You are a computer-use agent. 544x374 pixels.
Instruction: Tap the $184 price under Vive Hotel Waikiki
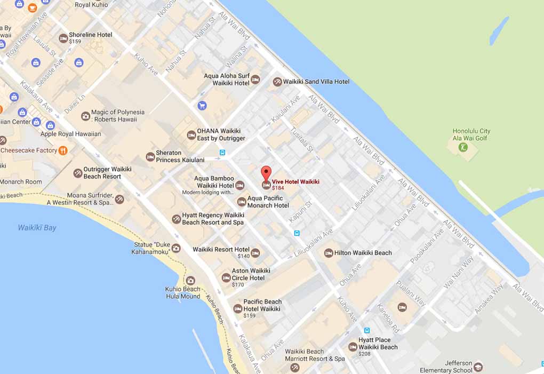point(278,188)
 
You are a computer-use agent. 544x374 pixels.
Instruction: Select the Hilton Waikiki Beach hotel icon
point(329,253)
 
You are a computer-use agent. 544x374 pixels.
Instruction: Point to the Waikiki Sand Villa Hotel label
point(319,82)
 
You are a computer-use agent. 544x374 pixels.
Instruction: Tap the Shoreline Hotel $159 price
point(75,42)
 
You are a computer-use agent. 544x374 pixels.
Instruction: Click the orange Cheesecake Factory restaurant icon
point(63,150)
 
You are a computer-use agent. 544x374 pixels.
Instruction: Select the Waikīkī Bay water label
point(37,228)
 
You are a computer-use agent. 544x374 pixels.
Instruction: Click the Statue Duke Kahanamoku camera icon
point(175,248)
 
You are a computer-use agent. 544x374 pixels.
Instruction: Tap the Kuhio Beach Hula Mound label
point(182,293)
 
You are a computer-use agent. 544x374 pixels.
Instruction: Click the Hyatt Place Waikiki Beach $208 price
point(364,354)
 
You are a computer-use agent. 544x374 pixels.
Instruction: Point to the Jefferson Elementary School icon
point(478,367)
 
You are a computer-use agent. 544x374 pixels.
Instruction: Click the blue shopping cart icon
point(202,106)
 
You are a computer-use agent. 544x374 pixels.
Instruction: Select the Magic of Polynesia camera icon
point(85,116)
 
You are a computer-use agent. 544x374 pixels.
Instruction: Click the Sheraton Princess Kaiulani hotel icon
point(150,157)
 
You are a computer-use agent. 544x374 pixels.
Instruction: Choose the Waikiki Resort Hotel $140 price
point(244,257)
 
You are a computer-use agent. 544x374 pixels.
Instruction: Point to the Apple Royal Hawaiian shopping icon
point(50,125)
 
